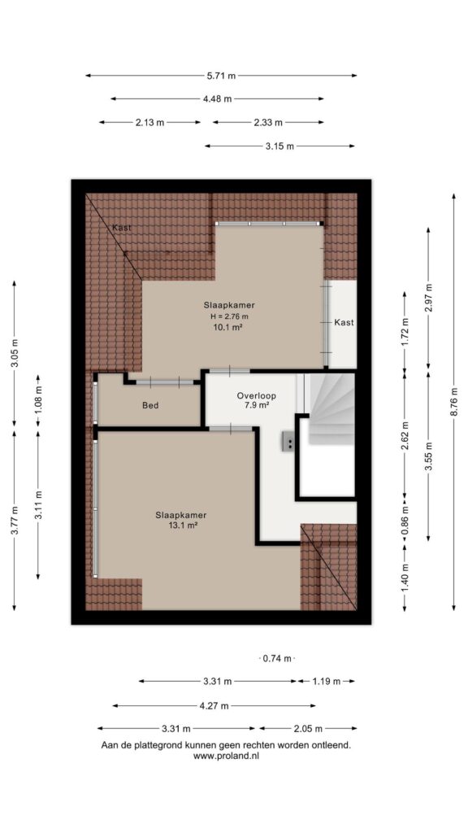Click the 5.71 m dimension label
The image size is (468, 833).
(x=221, y=76)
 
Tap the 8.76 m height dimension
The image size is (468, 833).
(x=453, y=401)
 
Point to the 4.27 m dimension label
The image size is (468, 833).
(x=214, y=706)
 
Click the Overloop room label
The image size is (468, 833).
(x=257, y=396)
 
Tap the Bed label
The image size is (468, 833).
(x=150, y=405)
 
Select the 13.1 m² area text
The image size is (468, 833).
(x=181, y=525)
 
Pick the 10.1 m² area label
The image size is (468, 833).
(x=228, y=327)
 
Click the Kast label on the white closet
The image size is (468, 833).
(x=344, y=322)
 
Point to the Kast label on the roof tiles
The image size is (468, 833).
(x=122, y=228)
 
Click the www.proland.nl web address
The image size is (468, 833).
(x=226, y=756)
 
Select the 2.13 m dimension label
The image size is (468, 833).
(x=149, y=122)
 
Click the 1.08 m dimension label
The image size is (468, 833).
(x=38, y=401)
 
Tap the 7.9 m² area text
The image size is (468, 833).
(x=257, y=406)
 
